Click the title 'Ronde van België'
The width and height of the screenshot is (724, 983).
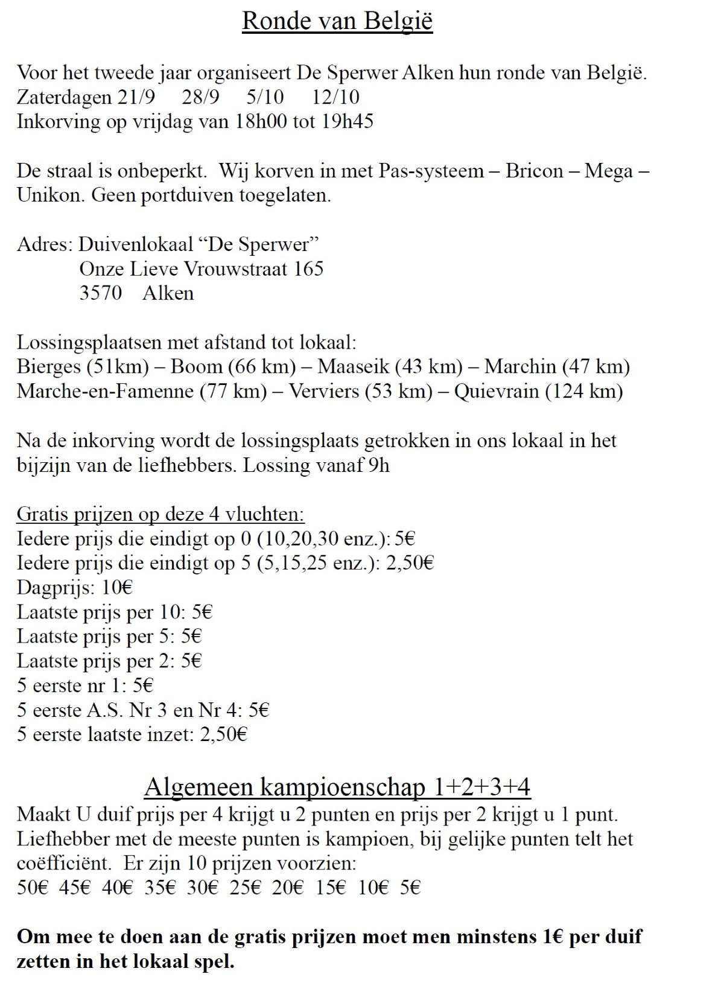coord(337,21)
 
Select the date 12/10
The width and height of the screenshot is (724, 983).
coord(336,97)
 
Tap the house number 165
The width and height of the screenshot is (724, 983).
coord(308,269)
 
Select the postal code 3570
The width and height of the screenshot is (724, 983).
coord(100,293)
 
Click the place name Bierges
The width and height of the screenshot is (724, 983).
coord(49,367)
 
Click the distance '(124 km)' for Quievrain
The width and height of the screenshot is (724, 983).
coord(584,391)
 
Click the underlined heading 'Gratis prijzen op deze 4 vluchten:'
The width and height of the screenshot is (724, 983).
coord(160,514)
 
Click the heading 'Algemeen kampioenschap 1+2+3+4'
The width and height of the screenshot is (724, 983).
coord(337,787)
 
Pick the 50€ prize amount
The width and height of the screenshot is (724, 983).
coord(32,888)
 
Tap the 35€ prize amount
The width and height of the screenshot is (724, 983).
coord(160,888)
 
